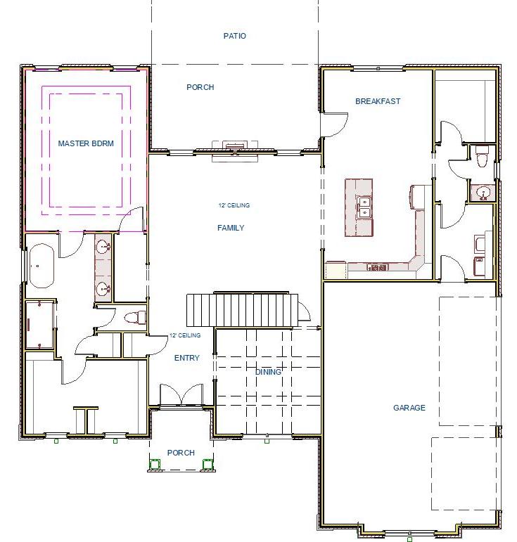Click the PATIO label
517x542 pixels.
[x=235, y=36]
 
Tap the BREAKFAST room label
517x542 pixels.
[x=378, y=101]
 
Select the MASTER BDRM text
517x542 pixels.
[x=86, y=143]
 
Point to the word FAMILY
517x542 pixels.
[x=231, y=228]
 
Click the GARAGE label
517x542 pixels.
[x=409, y=408]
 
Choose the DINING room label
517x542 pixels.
[x=269, y=372]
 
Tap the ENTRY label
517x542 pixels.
[x=186, y=358]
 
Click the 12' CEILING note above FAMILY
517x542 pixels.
[x=234, y=205]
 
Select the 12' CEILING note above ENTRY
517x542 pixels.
[x=185, y=336]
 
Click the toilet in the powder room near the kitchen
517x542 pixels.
[x=482, y=158]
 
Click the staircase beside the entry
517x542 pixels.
[x=239, y=310]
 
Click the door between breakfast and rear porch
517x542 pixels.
[x=332, y=125]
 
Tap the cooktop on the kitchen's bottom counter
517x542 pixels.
[x=377, y=267]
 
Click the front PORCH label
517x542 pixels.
[x=181, y=453]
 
